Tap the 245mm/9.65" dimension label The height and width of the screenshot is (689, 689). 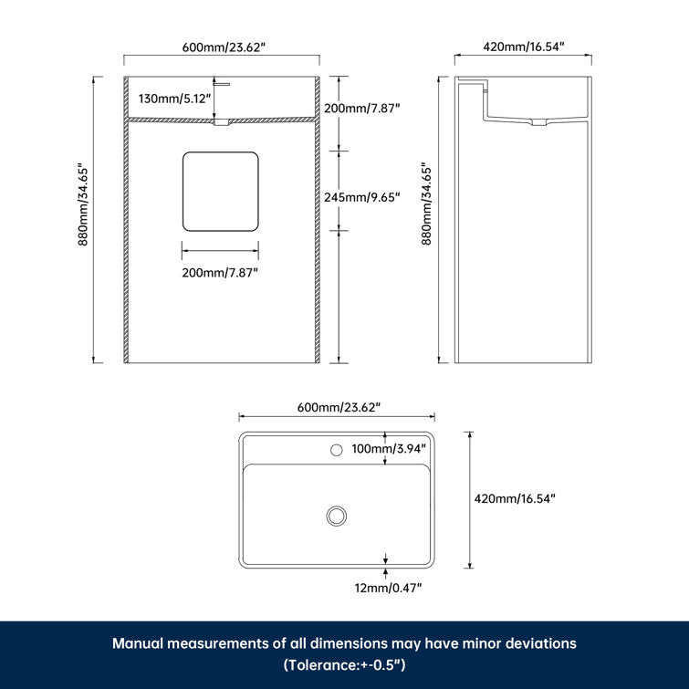pyautogui.click(x=362, y=196)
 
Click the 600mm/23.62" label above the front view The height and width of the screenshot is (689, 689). pyautogui.click(x=222, y=46)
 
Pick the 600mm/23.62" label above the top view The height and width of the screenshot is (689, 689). pyautogui.click(x=339, y=406)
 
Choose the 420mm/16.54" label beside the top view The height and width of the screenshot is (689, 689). pyautogui.click(x=515, y=498)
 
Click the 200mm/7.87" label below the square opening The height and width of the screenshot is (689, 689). pyautogui.click(x=219, y=272)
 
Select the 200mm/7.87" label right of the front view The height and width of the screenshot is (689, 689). pyautogui.click(x=362, y=108)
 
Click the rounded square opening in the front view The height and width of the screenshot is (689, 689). pyautogui.click(x=220, y=191)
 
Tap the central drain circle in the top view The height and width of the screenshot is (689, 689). pyautogui.click(x=337, y=516)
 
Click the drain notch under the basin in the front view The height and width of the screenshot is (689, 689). pyautogui.click(x=222, y=121)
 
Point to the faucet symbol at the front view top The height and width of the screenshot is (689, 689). pyautogui.click(x=222, y=82)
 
